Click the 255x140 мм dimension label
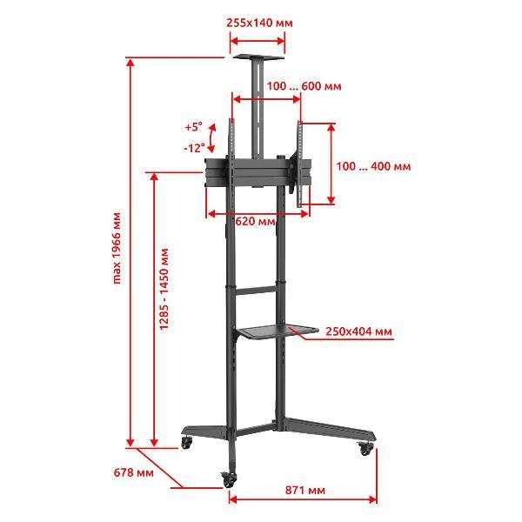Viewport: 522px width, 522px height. coord(259,23)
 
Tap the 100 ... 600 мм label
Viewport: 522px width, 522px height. coord(304,86)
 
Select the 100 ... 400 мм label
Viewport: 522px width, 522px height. coord(373,166)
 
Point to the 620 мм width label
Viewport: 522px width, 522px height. coord(255,221)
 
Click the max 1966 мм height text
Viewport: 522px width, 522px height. coord(117,248)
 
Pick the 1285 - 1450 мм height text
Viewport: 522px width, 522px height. coord(164,289)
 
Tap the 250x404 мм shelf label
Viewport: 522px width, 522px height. coord(358,331)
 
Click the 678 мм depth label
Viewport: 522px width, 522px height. coord(134,472)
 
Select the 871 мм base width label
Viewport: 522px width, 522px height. coord(305,491)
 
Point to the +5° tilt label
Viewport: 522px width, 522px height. coord(194,127)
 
